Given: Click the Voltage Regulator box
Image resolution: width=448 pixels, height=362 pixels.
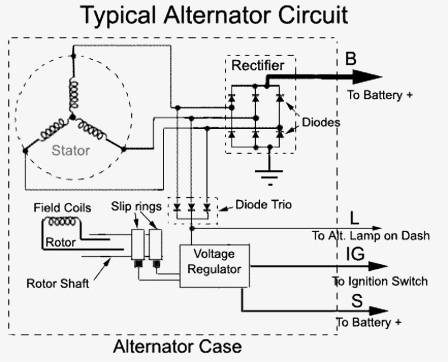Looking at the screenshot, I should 214,266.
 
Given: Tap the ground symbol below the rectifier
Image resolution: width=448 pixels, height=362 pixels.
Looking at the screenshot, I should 270,174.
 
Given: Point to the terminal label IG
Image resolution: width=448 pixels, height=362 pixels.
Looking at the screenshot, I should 355,254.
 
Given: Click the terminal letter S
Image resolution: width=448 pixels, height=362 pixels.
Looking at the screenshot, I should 357,301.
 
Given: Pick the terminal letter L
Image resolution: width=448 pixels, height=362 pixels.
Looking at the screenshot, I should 355,218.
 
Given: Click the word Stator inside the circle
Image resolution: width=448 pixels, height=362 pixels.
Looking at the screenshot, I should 71,150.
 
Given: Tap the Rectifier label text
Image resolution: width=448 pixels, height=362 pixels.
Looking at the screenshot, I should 258,65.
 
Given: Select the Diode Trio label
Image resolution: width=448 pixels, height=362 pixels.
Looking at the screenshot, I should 263,205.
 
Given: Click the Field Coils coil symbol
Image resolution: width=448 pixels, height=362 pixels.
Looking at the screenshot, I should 62,222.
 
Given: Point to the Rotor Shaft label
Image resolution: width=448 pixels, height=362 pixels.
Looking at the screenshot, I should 57,284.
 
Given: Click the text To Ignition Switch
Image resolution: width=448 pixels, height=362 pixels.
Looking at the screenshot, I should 380,281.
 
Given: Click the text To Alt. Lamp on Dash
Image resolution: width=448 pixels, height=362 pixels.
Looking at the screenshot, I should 370,236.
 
